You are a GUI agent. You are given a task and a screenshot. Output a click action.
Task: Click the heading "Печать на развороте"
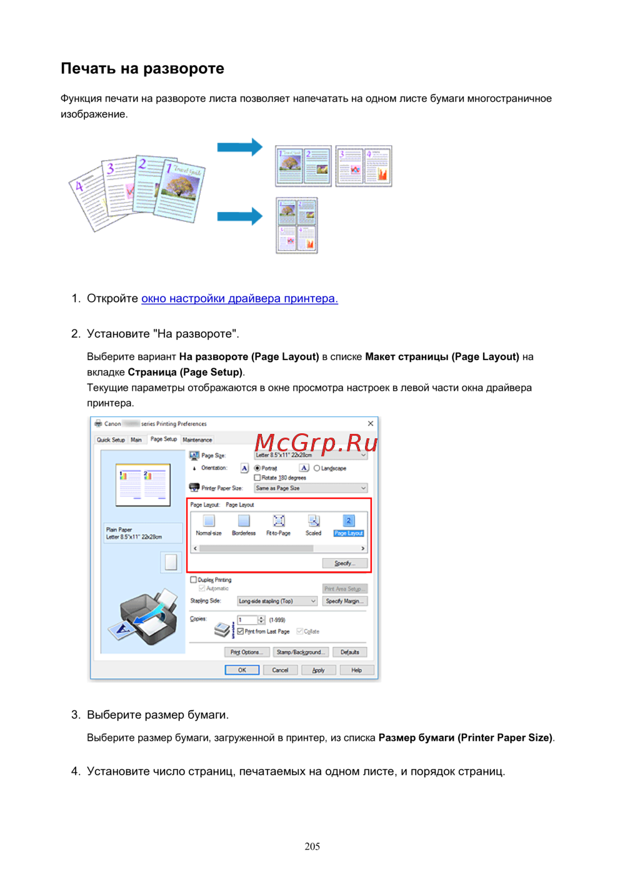(x=142, y=69)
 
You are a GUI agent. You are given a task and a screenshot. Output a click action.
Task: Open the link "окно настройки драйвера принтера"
(x=239, y=299)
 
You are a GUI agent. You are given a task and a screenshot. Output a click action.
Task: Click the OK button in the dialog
(x=242, y=670)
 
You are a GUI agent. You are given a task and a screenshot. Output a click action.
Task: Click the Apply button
(x=319, y=670)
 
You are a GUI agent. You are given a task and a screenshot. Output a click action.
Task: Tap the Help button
(x=356, y=670)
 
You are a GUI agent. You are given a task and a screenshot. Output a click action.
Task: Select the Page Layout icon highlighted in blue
(x=348, y=525)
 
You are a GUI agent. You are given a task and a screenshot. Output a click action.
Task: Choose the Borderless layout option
(x=244, y=525)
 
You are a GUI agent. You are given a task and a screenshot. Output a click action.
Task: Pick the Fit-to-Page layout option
(x=279, y=525)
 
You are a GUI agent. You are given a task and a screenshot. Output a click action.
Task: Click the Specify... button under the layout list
(x=344, y=563)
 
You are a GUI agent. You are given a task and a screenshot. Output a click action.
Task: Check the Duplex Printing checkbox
(x=194, y=580)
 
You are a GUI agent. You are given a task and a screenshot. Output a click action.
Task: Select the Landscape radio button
(x=317, y=468)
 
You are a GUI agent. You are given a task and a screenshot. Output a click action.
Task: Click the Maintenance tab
(x=197, y=440)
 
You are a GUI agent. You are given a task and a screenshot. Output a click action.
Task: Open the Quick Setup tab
(x=111, y=440)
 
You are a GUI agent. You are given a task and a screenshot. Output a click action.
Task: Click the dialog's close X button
(x=371, y=424)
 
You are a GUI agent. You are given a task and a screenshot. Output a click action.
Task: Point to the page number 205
(x=312, y=846)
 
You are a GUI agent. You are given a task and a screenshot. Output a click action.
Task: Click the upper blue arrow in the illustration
(x=239, y=148)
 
